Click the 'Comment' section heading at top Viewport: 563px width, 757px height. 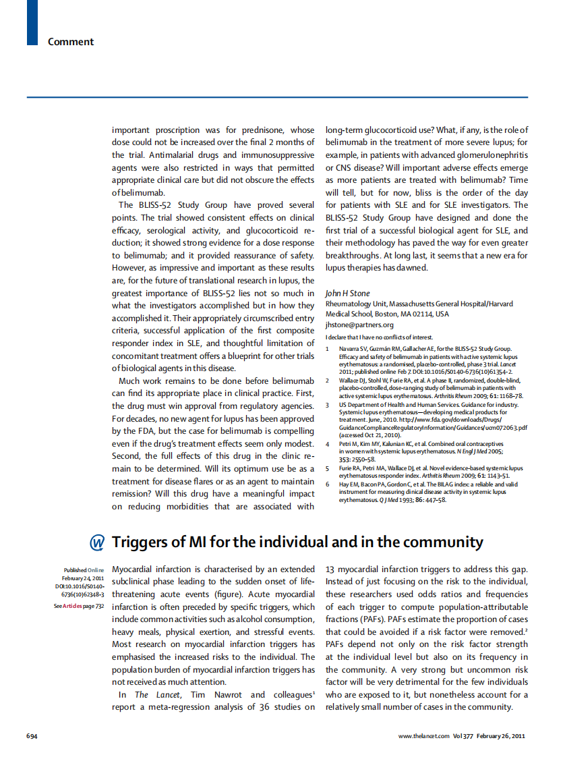coord(70,42)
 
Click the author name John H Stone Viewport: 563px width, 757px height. coord(347,293)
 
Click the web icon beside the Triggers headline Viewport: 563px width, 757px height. coord(97,543)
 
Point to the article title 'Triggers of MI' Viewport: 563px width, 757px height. coord(297,542)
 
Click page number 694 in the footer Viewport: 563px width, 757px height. coord(31,735)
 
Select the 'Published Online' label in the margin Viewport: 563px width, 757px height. coord(84,570)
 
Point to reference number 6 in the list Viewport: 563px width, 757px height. coord(328,484)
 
